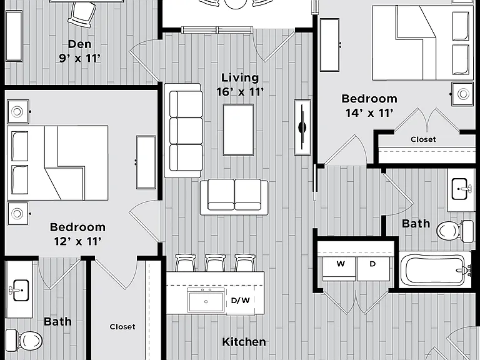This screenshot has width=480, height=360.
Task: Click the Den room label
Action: pyautogui.click(x=79, y=44)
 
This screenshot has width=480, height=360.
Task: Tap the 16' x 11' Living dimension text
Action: pyautogui.click(x=240, y=92)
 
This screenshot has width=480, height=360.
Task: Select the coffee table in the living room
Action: pyautogui.click(x=238, y=130)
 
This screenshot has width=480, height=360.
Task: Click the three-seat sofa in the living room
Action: pyautogui.click(x=183, y=131)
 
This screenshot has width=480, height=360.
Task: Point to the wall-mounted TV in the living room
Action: pyautogui.click(x=302, y=127)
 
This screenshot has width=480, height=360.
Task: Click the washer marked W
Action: pyautogui.click(x=339, y=269)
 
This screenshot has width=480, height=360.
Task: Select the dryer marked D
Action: pyautogui.click(x=373, y=269)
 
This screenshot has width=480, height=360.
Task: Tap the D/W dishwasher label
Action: pyautogui.click(x=240, y=300)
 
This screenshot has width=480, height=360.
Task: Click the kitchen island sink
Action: pyautogui.click(x=206, y=300)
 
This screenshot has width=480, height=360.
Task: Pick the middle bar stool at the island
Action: pyautogui.click(x=215, y=262)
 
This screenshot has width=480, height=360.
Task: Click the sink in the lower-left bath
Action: pyautogui.click(x=20, y=290)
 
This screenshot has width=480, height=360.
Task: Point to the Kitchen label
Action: pyautogui.click(x=244, y=342)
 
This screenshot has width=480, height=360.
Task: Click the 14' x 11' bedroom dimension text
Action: pyautogui.click(x=369, y=113)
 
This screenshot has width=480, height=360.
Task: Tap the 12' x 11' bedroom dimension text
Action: pyautogui.click(x=77, y=241)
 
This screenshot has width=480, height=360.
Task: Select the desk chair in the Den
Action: pyautogui.click(x=82, y=15)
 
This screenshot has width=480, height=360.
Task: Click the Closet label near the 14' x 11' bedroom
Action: pyautogui.click(x=423, y=139)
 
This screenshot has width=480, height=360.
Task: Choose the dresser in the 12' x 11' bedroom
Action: pyautogui.click(x=146, y=162)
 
